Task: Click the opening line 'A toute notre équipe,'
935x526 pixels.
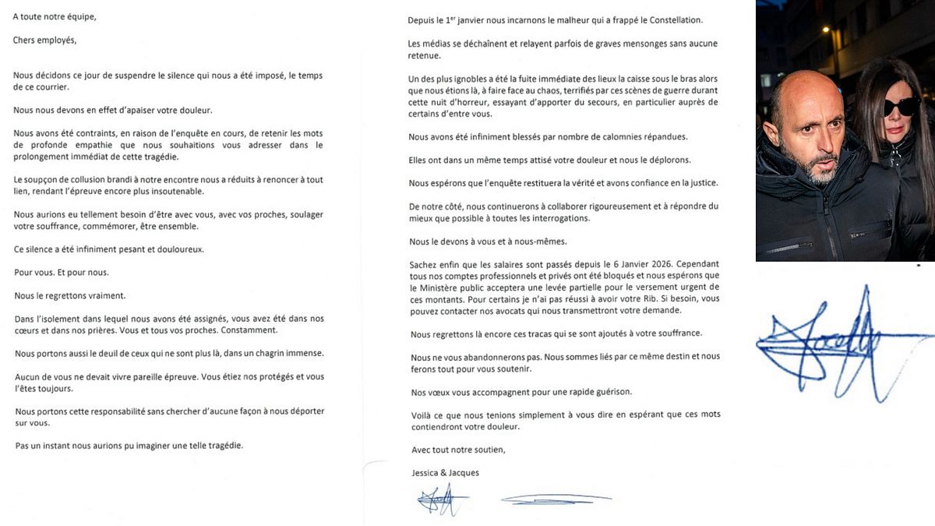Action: pyautogui.click(x=55, y=16)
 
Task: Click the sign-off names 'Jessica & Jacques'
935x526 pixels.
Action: pyautogui.click(x=445, y=473)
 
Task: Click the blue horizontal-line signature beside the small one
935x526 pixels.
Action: pyautogui.click(x=555, y=499)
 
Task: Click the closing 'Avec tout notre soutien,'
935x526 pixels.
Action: pyautogui.click(x=458, y=450)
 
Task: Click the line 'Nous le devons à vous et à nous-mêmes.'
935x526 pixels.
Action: pyautogui.click(x=492, y=241)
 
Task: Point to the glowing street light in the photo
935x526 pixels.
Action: pyautogui.click(x=826, y=31)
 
